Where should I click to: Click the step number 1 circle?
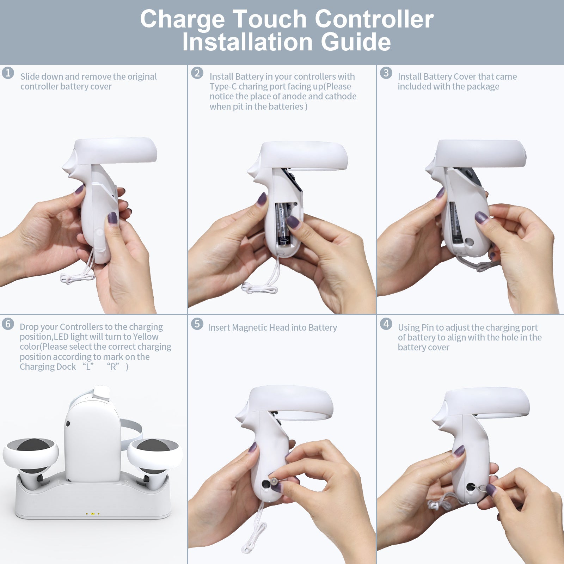coord(8,73)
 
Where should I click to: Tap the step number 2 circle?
coord(197,73)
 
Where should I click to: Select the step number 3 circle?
coord(386,73)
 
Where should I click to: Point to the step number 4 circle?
coord(386,324)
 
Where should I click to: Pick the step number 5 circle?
coord(197,324)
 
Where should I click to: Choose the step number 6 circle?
coord(8,324)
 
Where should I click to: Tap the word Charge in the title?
coord(182,19)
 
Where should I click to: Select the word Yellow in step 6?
coord(146,337)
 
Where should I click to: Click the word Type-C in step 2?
coord(223,87)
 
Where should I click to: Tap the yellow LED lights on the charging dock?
coord(92,514)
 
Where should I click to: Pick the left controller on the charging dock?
coord(31,458)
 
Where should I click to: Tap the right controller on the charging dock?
coord(154,458)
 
